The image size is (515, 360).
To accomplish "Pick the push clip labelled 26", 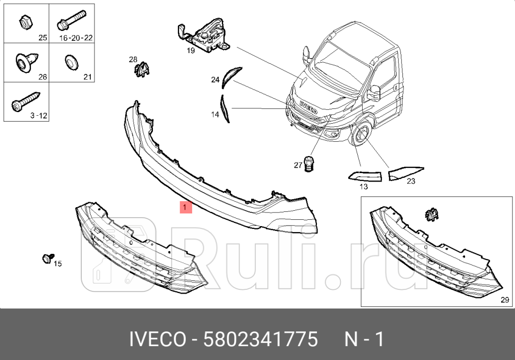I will [x=24, y=63].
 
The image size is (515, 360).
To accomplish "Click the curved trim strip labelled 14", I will [x=225, y=108].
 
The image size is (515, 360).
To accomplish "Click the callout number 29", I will [x=504, y=300].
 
